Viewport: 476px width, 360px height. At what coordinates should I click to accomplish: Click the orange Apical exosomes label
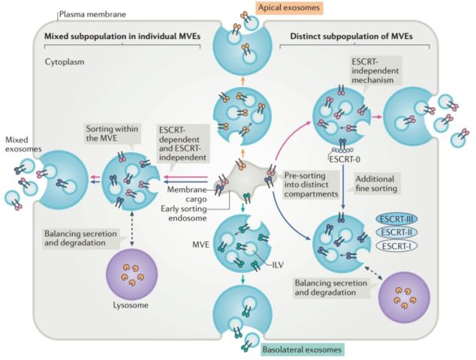point(288,7)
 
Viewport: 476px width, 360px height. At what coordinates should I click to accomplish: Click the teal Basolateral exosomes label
point(302,349)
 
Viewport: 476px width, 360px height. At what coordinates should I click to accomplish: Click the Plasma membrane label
point(87,13)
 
